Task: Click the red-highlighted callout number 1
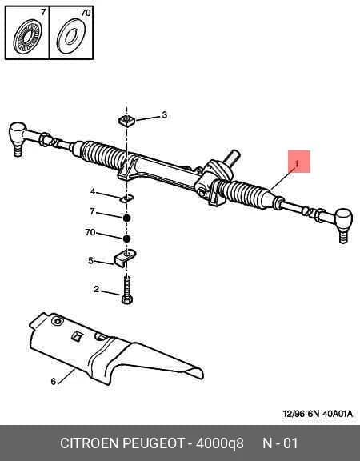pyautogui.click(x=297, y=164)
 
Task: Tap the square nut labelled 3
pyautogui.click(x=126, y=120)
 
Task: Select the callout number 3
pyautogui.click(x=164, y=114)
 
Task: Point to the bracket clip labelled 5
pyautogui.click(x=124, y=257)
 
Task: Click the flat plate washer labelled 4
pyautogui.click(x=127, y=199)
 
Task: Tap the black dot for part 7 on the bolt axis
pyautogui.click(x=126, y=218)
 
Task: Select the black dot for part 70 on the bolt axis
pyautogui.click(x=126, y=239)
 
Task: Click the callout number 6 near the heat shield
pyautogui.click(x=53, y=381)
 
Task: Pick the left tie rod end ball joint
pyautogui.click(x=18, y=137)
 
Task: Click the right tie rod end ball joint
pyautogui.click(x=343, y=223)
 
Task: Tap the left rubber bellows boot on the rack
pyautogui.click(x=103, y=154)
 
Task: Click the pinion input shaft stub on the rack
pyautogui.click(x=232, y=156)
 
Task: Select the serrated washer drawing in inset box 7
pyautogui.click(x=27, y=36)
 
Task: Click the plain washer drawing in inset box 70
pyautogui.click(x=71, y=36)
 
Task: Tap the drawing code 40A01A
pyautogui.click(x=338, y=414)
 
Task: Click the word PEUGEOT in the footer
pyautogui.click(x=153, y=443)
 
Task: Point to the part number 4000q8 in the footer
pyautogui.click(x=219, y=443)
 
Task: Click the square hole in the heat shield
pyautogui.click(x=78, y=336)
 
